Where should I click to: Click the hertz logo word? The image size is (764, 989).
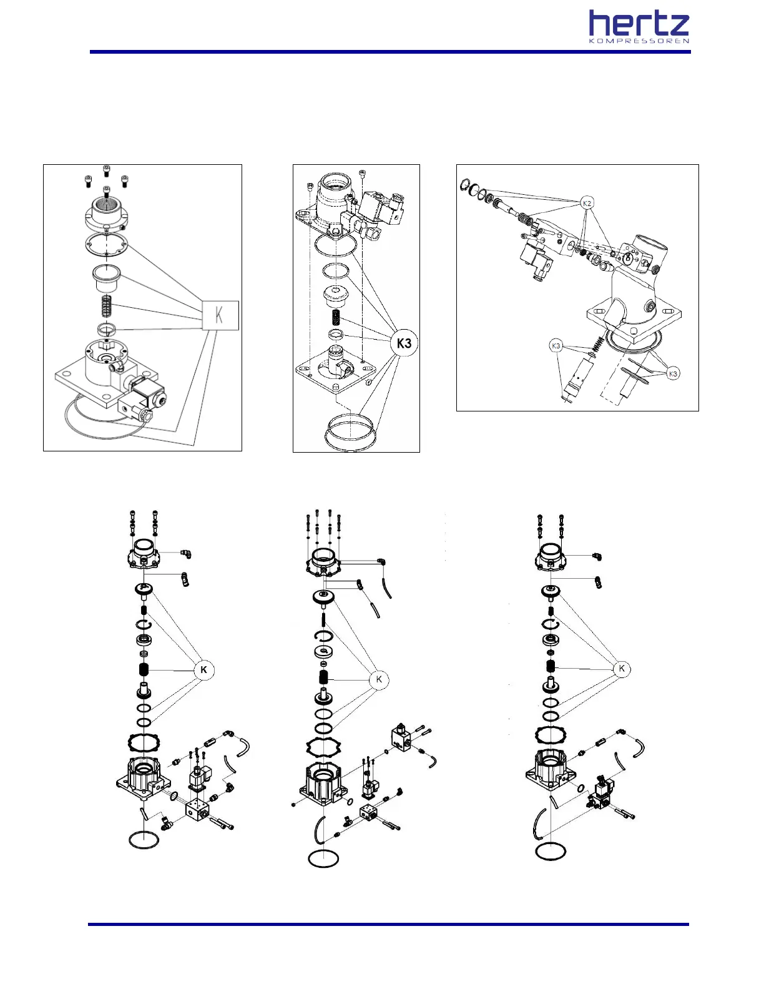coord(639,24)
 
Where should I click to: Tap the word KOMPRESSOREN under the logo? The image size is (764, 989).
coord(639,41)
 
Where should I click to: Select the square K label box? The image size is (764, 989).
coord(220,315)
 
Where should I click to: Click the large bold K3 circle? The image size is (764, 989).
coord(404,343)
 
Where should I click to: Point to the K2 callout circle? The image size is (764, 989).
coord(586,203)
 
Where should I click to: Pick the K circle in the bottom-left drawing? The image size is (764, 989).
coord(203,670)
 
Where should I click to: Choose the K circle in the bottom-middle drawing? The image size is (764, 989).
coord(379,679)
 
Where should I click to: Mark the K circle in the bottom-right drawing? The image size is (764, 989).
coord(622,669)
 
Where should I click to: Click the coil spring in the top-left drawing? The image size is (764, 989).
coord(106,306)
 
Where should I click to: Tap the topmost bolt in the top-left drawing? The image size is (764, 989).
coord(106,170)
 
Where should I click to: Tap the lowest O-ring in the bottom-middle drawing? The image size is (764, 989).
coord(324,858)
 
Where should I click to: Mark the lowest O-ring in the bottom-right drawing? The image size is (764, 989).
coord(551,851)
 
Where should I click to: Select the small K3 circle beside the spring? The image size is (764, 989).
coord(556,345)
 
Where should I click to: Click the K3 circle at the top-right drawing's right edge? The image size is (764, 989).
coord(672,374)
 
